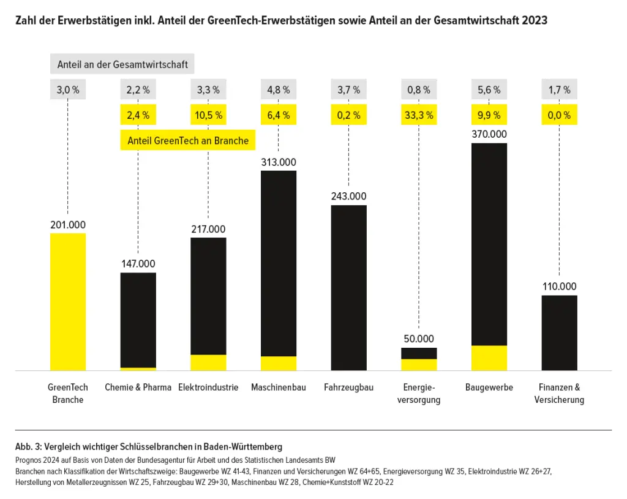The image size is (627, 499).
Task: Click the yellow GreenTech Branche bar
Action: pyautogui.click(x=67, y=302)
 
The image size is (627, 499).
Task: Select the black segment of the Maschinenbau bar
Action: pyautogui.click(x=279, y=263)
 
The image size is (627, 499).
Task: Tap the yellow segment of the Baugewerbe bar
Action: pyautogui.click(x=489, y=358)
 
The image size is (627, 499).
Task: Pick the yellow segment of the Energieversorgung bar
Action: pyautogui.click(x=419, y=364)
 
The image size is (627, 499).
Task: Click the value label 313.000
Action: pyautogui.click(x=279, y=162)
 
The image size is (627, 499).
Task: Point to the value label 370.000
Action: pyautogui.click(x=489, y=134)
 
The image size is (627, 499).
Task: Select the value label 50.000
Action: pyautogui.click(x=419, y=339)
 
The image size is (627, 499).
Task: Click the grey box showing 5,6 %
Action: pyautogui.click(x=489, y=90)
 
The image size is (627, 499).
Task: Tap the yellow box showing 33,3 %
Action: pyautogui.click(x=419, y=114)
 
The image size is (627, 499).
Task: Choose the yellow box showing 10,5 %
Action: pyautogui.click(x=208, y=114)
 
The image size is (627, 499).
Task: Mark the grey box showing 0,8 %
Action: pyautogui.click(x=419, y=90)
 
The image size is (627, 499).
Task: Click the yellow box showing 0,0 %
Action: pyautogui.click(x=559, y=114)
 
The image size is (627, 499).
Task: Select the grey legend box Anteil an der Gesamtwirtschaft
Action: pyautogui.click(x=122, y=64)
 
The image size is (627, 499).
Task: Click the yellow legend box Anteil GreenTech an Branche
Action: pyautogui.click(x=188, y=141)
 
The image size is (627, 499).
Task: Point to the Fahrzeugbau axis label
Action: pyautogui.click(x=348, y=388)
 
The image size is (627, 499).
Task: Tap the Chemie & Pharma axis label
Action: pyautogui.click(x=138, y=388)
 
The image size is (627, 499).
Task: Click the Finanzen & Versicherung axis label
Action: pyautogui.click(x=559, y=394)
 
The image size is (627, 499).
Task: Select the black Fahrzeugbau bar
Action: pyautogui.click(x=348, y=288)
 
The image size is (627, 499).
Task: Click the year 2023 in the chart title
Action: pyautogui.click(x=535, y=20)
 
